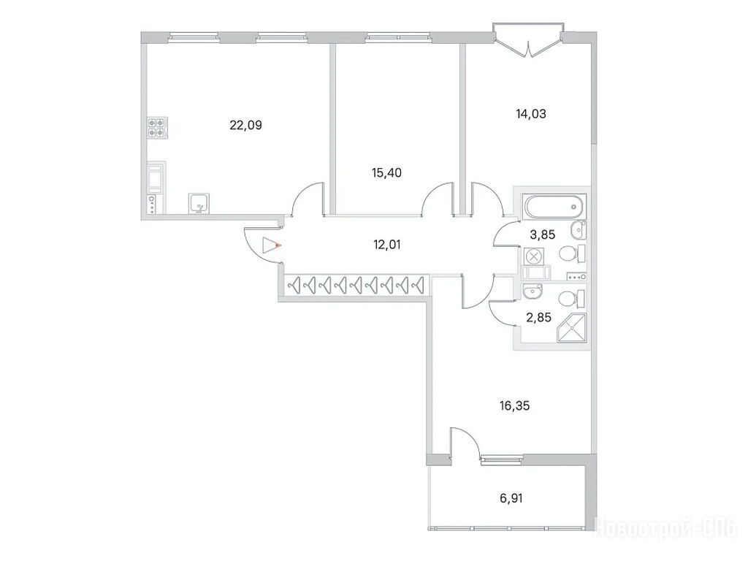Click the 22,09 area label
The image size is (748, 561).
point(245,126)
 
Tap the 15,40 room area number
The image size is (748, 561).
point(386,172)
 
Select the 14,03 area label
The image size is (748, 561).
point(531,114)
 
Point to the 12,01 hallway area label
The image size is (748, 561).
point(386,245)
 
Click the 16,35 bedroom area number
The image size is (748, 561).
point(515,406)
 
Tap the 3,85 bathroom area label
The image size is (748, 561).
point(543,234)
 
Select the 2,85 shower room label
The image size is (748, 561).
point(538,317)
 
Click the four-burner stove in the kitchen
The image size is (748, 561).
point(158,128)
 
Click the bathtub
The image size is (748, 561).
point(554,207)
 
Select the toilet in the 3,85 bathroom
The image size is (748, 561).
point(572,253)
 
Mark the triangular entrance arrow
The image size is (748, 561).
point(270,245)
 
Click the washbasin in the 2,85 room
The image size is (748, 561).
point(532,290)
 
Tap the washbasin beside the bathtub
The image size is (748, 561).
point(579,230)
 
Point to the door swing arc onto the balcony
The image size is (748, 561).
point(470,439)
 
